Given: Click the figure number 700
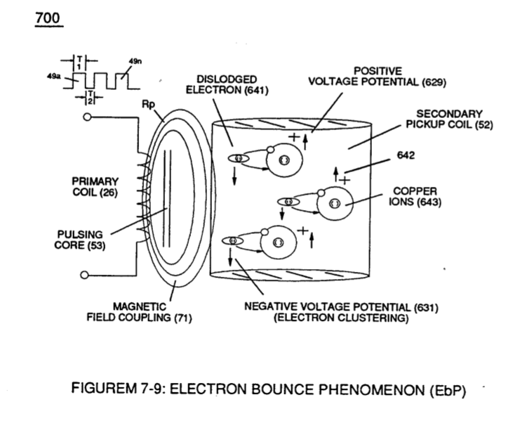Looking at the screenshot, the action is click(x=48, y=18).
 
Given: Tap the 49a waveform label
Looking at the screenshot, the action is click(x=54, y=76).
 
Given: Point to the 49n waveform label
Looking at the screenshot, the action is click(x=135, y=61).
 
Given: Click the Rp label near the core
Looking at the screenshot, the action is click(x=148, y=104).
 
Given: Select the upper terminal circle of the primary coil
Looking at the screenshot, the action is click(x=87, y=117).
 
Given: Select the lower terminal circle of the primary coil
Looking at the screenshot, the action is click(x=85, y=275).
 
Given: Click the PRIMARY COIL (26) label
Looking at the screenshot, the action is click(x=95, y=187).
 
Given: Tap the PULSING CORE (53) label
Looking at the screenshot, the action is click(x=80, y=240).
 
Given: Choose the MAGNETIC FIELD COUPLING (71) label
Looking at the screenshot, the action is click(x=139, y=312).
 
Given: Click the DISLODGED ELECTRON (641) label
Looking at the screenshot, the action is click(x=227, y=84).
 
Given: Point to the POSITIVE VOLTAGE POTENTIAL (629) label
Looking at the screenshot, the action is click(x=378, y=77).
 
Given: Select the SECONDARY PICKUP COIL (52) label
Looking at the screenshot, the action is click(x=450, y=119).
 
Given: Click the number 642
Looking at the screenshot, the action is click(x=406, y=155).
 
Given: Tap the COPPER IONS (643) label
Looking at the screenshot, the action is click(x=415, y=197).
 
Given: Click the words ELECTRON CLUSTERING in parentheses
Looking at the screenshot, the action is click(x=341, y=318).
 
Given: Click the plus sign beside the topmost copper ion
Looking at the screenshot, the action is click(x=294, y=136).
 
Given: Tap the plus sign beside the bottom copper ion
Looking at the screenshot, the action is click(x=302, y=230).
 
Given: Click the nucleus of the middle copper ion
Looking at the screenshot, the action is click(x=335, y=203).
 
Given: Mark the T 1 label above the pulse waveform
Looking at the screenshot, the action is click(x=79, y=63).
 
